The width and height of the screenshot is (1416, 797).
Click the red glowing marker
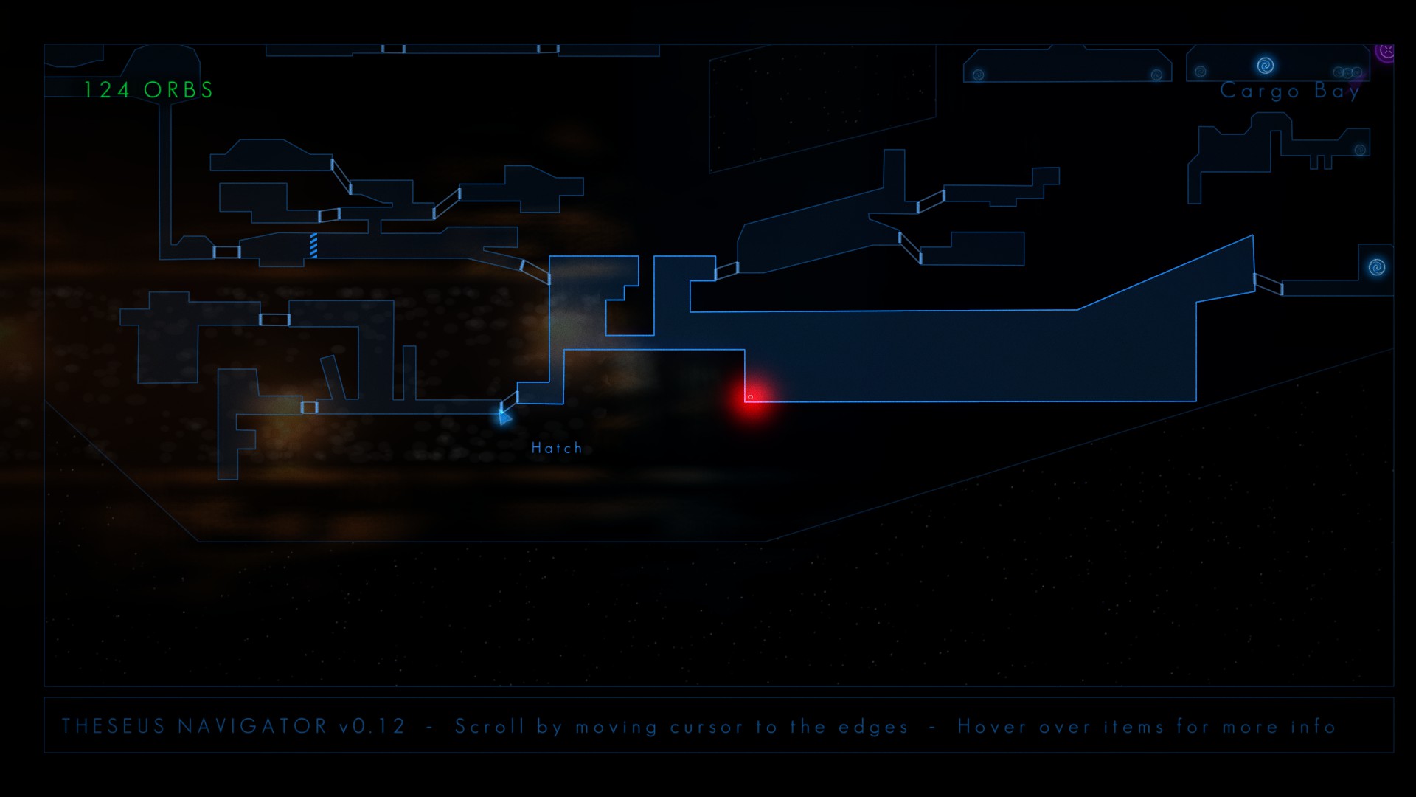[x=751, y=398]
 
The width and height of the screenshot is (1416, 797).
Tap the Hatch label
[x=557, y=448]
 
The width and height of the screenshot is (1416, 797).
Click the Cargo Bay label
[x=1290, y=91]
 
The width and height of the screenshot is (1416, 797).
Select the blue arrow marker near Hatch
[x=504, y=418]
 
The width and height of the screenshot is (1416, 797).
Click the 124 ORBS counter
[x=148, y=90]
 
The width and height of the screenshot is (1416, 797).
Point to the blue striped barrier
[x=313, y=245]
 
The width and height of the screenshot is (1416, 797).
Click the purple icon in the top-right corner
[x=1386, y=52]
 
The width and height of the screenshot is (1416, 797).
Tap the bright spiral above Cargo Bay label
[x=1266, y=66]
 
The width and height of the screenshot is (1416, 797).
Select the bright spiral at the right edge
[x=1377, y=267]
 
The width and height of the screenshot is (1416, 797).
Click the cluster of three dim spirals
[x=1348, y=72]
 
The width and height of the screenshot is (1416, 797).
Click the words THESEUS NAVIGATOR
[x=194, y=726]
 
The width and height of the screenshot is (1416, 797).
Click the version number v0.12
[x=372, y=726]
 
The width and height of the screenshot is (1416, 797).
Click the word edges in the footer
[x=873, y=727]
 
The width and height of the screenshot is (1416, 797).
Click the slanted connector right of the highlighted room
[x=1268, y=283]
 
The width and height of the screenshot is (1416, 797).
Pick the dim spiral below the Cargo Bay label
[x=1361, y=150]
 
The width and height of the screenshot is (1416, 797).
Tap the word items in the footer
[x=1134, y=726]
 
